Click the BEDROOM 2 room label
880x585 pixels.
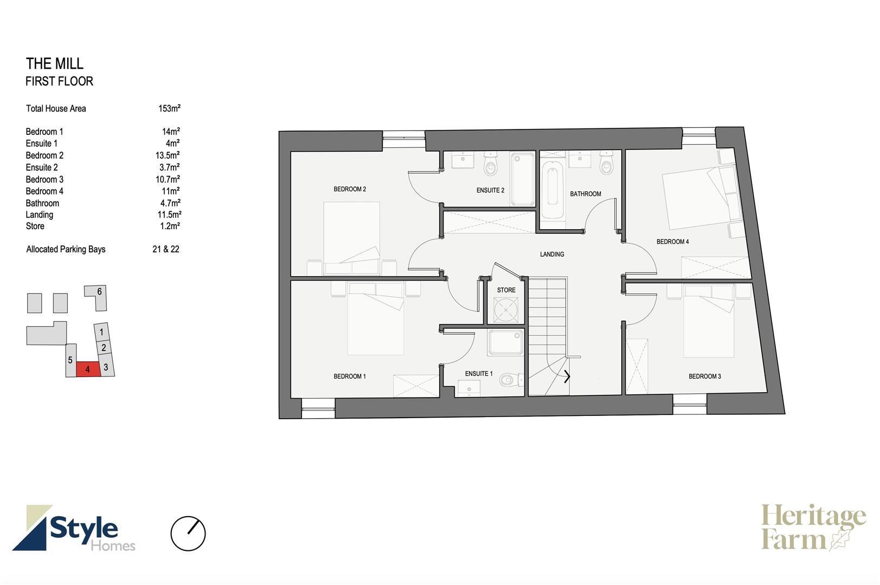click(350, 189)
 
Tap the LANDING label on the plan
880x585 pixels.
click(552, 254)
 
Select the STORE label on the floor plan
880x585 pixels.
click(506, 290)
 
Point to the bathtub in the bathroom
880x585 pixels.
click(553, 190)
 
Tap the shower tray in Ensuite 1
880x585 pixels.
click(506, 342)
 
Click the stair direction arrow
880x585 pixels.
click(567, 376)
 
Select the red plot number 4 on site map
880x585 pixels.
click(88, 369)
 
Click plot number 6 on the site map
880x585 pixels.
click(99, 291)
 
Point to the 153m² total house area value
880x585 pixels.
click(169, 108)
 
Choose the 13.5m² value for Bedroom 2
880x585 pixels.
click(168, 155)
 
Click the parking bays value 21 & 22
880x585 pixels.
click(166, 249)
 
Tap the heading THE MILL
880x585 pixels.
click(55, 63)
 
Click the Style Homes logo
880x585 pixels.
click(74, 528)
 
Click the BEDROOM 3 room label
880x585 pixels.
click(705, 376)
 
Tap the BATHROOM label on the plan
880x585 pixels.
click(586, 194)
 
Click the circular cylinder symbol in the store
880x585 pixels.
click(506, 310)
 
